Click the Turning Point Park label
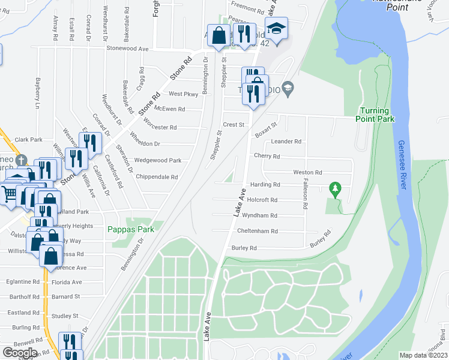coord(377,115)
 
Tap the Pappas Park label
coord(131,229)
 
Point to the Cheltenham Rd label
coord(257,231)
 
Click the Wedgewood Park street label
coord(158,160)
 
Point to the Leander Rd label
coord(286,142)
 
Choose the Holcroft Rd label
coord(262,200)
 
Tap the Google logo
coord(19,352)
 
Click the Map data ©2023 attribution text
coord(423,355)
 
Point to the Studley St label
coord(65,316)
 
